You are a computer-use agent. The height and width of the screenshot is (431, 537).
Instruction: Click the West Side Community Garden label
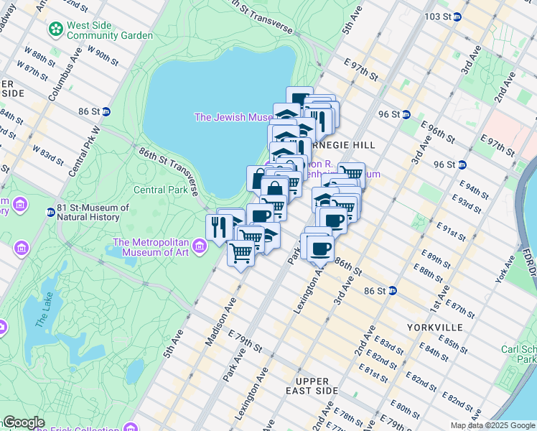(x=110, y=29)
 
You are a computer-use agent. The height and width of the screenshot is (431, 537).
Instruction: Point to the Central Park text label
(x=161, y=190)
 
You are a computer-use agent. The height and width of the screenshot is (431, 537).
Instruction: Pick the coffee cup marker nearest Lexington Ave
(x=320, y=249)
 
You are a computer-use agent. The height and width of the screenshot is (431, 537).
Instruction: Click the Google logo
(x=24, y=422)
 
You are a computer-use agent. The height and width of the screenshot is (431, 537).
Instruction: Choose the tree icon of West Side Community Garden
(x=55, y=29)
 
